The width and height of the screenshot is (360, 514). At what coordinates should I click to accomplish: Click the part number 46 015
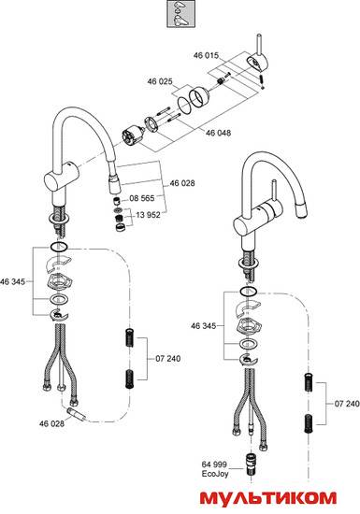pyautogui.click(x=206, y=55)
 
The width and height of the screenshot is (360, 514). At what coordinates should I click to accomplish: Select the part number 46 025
pyautogui.click(x=160, y=81)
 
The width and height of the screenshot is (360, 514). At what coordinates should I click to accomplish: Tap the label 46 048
pyautogui.click(x=219, y=133)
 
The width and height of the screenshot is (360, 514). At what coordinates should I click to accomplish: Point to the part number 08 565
pyautogui.click(x=142, y=198)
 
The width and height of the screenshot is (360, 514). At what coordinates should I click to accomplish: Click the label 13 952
pyautogui.click(x=148, y=215)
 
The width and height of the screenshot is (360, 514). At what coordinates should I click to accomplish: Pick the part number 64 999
pyautogui.click(x=214, y=464)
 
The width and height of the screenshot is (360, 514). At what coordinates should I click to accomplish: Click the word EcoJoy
pyautogui.click(x=215, y=474)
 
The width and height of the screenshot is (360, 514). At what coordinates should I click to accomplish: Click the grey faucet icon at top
pyautogui.click(x=181, y=14)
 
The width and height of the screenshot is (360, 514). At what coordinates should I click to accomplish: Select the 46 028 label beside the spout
pyautogui.click(x=182, y=183)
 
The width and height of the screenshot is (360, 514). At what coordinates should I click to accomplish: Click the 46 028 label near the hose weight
pyautogui.click(x=51, y=423)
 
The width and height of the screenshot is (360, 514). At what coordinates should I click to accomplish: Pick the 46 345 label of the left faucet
pyautogui.click(x=12, y=281)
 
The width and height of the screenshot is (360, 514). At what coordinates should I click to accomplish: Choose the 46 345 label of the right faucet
pyautogui.click(x=203, y=326)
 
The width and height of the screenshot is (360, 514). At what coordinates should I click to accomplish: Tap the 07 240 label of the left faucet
pyautogui.click(x=168, y=359)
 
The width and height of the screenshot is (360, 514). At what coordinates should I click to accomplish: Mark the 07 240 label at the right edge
pyautogui.click(x=347, y=404)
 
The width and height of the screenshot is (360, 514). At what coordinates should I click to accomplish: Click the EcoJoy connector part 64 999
pyautogui.click(x=252, y=463)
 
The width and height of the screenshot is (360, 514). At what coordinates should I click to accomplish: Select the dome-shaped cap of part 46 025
pyautogui.click(x=199, y=96)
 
